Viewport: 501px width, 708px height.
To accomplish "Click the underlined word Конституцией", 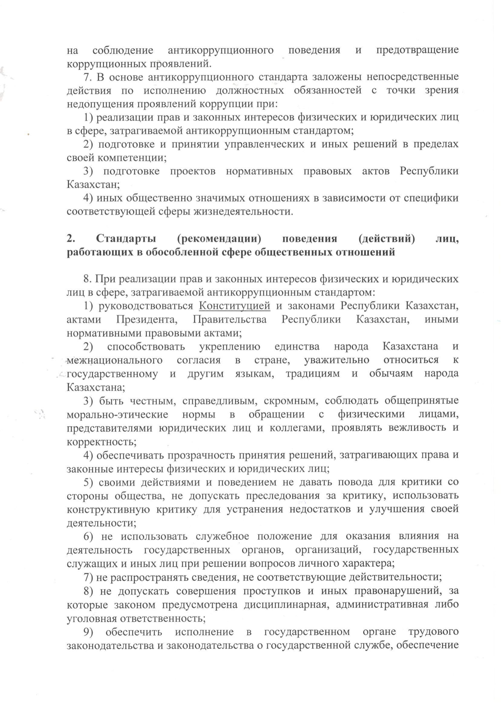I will tap(234, 305).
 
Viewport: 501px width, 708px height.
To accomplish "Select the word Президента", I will tap(147, 319).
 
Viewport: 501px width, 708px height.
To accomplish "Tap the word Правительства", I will tap(230, 319).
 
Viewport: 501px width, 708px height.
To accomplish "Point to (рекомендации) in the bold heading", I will tap(219, 239).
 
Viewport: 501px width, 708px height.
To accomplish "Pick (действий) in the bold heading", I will tap(387, 239).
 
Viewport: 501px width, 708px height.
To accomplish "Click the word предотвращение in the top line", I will tap(417, 50).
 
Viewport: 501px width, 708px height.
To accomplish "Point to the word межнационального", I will tap(114, 360).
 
